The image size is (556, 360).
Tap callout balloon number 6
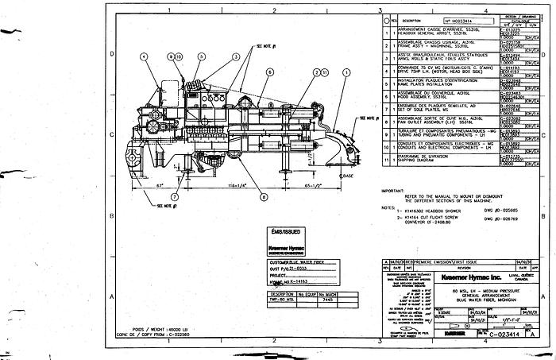point(270,72)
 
